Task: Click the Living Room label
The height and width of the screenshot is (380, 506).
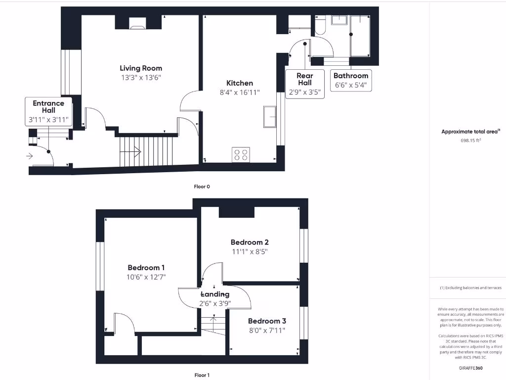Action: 141,68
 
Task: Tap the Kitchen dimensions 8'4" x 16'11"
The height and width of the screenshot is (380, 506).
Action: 240,93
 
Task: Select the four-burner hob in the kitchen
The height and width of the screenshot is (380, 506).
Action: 241,155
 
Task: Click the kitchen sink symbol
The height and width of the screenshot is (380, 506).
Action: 270,117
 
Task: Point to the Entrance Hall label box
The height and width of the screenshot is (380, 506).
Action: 48,111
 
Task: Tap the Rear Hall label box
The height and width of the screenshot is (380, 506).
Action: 305,83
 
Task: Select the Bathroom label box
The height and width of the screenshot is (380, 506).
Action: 351,80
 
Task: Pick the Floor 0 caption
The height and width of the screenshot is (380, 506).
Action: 202,187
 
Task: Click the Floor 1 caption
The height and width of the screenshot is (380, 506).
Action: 202,375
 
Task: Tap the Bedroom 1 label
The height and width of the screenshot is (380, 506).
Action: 146,268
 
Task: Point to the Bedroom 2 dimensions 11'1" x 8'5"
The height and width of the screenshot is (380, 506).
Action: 250,251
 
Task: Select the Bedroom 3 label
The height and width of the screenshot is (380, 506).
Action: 267,321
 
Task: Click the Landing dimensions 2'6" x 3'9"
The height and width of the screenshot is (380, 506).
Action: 214,303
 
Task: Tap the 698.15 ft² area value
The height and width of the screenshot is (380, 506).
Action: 470,141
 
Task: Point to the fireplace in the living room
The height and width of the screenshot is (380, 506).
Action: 138,22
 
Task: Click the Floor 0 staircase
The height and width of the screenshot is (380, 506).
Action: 147,151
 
